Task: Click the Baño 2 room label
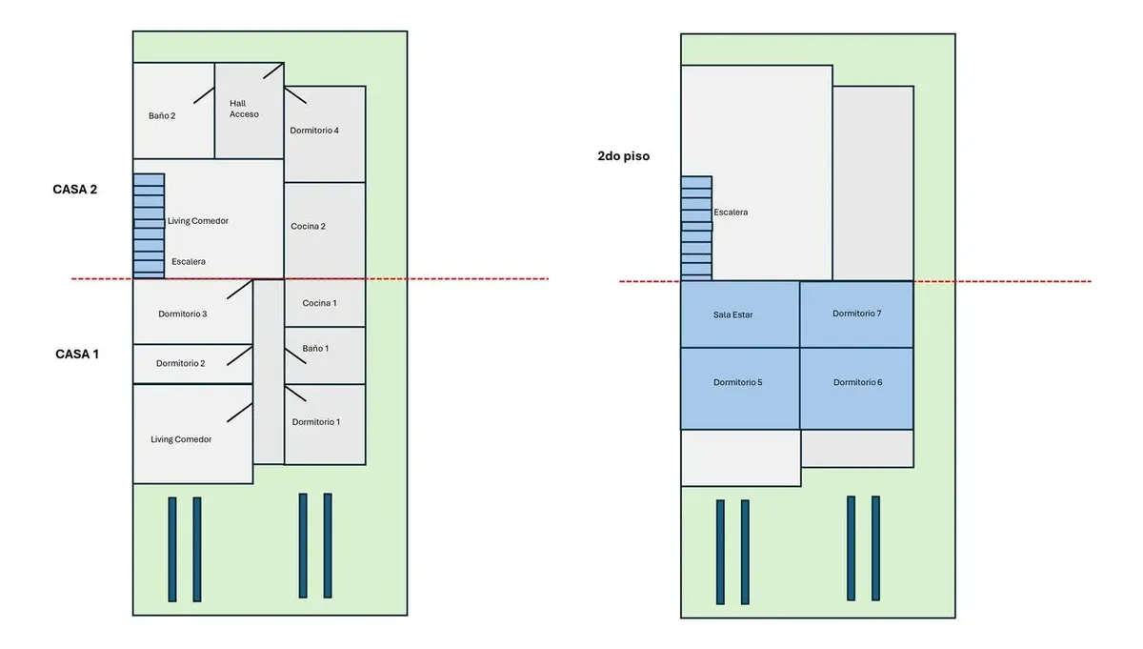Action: [x=162, y=116]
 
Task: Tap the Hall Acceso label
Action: [x=244, y=109]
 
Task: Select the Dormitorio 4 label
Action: [x=314, y=131]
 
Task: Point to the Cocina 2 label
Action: [x=308, y=226]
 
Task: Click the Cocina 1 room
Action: [x=325, y=303]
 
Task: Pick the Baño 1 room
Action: [x=325, y=355]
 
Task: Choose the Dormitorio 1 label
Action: [x=316, y=422]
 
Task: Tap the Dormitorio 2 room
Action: [x=192, y=364]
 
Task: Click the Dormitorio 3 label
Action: [x=183, y=314]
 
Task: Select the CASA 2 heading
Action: [x=75, y=190]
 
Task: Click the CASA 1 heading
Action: [x=77, y=355]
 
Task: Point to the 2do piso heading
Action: [x=624, y=156]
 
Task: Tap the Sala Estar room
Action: [x=740, y=314]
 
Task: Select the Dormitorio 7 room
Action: [x=856, y=314]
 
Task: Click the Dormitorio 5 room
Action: [x=740, y=389]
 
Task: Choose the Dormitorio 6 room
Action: [x=856, y=389]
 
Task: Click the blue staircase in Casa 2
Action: [x=149, y=226]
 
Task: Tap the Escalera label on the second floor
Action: [x=731, y=212]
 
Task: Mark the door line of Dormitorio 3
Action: [x=240, y=289]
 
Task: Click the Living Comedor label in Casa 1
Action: [x=181, y=439]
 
